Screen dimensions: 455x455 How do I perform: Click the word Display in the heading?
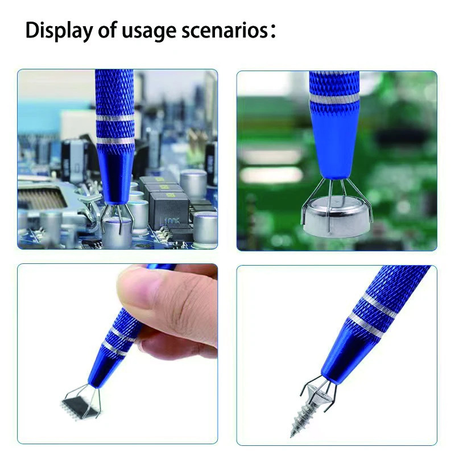click(x=59, y=31)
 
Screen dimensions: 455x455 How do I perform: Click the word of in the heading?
click(x=108, y=30)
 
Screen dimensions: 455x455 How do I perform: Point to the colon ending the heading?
click(x=272, y=31)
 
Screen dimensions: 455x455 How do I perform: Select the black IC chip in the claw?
click(x=79, y=405)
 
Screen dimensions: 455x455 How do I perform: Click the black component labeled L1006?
click(x=169, y=211)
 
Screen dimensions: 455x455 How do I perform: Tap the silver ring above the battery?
click(x=334, y=98)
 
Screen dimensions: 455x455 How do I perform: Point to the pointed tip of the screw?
click(x=292, y=436)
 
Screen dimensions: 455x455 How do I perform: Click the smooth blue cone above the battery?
click(x=334, y=139)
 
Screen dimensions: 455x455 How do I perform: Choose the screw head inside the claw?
click(x=318, y=392)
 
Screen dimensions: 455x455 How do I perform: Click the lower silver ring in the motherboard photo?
click(x=115, y=140)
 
